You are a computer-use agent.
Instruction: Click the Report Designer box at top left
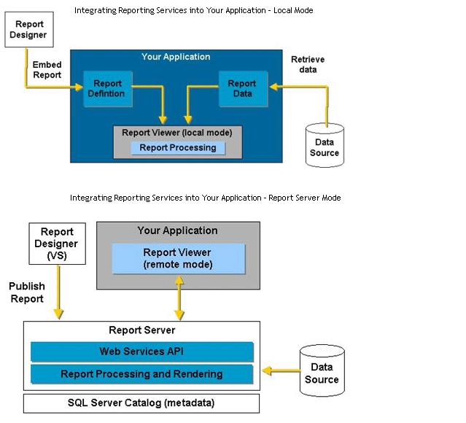click(x=29, y=30)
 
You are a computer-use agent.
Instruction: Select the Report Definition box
click(x=107, y=88)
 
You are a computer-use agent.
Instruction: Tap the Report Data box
click(x=242, y=88)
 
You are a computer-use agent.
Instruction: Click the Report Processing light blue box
click(x=178, y=147)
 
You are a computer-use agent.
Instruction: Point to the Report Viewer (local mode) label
click(x=177, y=133)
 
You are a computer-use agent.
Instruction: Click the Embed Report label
click(x=47, y=70)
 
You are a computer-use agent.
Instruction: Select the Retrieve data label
click(x=308, y=65)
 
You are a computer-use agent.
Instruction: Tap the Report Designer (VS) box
click(x=56, y=244)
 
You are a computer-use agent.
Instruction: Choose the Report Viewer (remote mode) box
click(x=178, y=258)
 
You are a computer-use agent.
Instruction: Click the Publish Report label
click(x=28, y=292)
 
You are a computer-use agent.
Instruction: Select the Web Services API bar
click(x=141, y=352)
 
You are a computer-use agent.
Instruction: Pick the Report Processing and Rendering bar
click(x=141, y=374)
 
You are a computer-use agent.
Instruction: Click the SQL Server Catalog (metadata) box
click(x=141, y=403)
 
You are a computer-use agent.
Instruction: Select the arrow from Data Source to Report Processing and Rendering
click(x=280, y=371)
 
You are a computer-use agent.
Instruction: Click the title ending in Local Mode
click(x=193, y=11)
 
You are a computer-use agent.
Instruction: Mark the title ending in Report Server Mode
click(x=205, y=198)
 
